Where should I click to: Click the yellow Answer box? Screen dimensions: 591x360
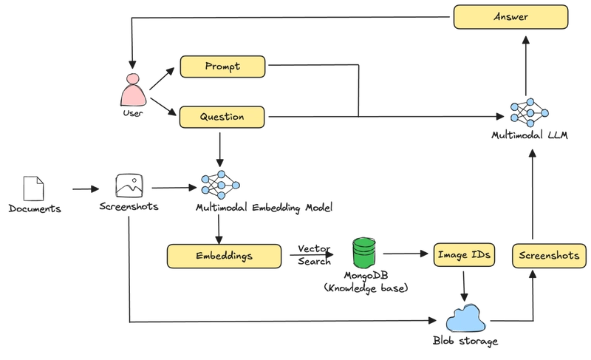coord(510,17)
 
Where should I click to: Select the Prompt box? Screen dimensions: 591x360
coord(223,67)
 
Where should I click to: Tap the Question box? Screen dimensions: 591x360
coord(222,117)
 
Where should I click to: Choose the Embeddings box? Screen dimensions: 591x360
coord(225,257)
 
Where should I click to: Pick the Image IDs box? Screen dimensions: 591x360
coord(464,255)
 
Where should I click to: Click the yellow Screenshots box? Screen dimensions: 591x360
coord(549,256)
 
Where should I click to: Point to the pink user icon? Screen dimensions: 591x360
coord(133,89)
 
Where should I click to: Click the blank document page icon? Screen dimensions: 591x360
coord(33,189)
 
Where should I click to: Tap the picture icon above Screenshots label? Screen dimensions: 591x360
coord(129,186)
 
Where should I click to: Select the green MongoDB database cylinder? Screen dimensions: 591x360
coord(364,253)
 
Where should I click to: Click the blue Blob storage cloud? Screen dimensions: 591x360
coord(465,319)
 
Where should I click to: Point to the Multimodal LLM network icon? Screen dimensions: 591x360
coord(529,112)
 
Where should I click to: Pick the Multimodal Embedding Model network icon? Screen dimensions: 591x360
coord(220,185)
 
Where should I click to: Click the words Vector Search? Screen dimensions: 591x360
coord(315,255)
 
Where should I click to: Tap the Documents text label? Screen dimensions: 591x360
coord(35,209)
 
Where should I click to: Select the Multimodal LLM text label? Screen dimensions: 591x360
coord(530,135)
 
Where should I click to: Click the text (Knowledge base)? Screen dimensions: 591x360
coord(366,288)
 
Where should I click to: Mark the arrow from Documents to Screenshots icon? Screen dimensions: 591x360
coord(86,189)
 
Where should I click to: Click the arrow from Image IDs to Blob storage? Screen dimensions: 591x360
coord(464,286)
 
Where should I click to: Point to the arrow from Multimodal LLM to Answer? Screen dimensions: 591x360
coord(526,66)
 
